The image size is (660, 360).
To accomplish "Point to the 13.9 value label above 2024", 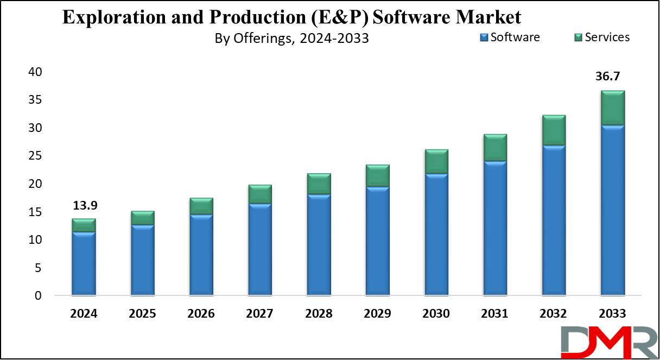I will [84, 206].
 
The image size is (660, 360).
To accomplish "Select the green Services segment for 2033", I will [612, 108].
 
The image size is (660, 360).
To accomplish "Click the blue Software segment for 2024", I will [84, 264].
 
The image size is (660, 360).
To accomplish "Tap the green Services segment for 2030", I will [436, 161].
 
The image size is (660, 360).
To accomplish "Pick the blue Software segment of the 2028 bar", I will [319, 245].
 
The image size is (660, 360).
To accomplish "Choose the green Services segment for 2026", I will [201, 206].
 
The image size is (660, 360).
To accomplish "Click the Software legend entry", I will [510, 37].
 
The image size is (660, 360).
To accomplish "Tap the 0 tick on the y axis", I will [38, 296].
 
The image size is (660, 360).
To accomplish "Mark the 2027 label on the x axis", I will [260, 314].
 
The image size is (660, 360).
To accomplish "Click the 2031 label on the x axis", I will [495, 314].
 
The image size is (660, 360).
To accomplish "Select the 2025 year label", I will [143, 314].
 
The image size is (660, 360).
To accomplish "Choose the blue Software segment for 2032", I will [554, 220].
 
